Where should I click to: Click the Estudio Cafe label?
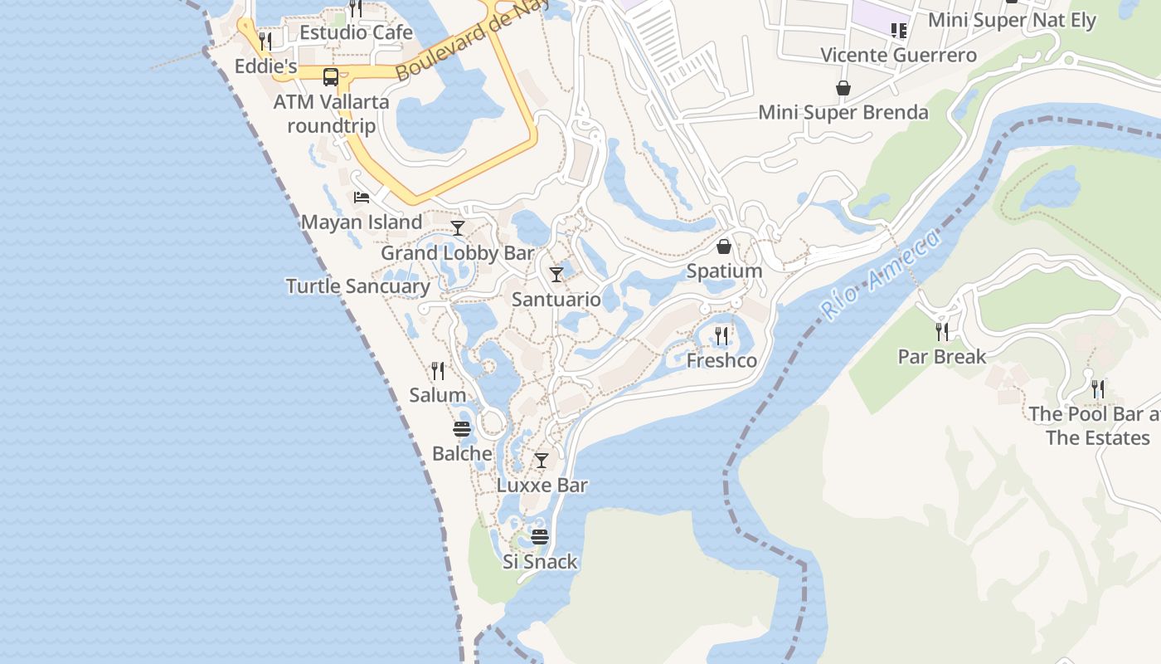(356, 32)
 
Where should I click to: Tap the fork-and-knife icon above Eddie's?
(265, 40)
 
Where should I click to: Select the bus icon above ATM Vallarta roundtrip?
(330, 77)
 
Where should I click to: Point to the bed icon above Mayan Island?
(362, 198)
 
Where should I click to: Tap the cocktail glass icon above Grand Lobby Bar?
(457, 227)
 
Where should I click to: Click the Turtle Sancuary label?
(358, 286)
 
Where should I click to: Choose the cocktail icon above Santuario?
(556, 274)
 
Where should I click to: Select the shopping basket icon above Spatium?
(724, 247)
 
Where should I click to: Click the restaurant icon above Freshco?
(721, 335)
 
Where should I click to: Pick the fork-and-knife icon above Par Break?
(942, 332)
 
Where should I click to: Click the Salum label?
(437, 395)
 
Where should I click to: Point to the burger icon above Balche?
(462, 429)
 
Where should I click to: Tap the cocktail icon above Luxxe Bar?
(542, 460)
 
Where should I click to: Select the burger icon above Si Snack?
(540, 536)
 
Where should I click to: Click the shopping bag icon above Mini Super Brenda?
(843, 87)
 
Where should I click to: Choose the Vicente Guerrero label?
(898, 56)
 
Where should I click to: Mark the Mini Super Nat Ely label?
(1012, 20)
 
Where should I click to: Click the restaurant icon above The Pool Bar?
(1098, 388)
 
